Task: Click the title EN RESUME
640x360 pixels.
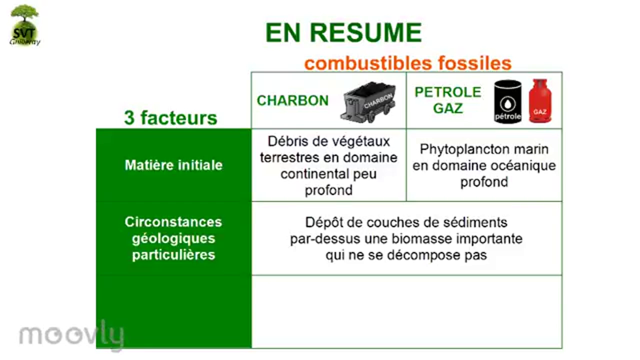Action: (343, 33)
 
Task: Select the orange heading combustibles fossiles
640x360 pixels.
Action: (407, 63)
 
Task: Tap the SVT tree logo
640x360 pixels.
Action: (24, 25)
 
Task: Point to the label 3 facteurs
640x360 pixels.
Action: (170, 118)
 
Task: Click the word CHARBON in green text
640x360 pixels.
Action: (292, 100)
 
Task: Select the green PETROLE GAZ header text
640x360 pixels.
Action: (448, 100)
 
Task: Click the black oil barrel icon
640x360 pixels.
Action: (507, 102)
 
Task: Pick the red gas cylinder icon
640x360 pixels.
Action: (540, 101)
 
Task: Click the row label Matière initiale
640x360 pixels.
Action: (173, 165)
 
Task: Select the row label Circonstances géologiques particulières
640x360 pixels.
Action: (173, 238)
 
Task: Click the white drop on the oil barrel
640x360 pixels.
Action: (507, 103)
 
